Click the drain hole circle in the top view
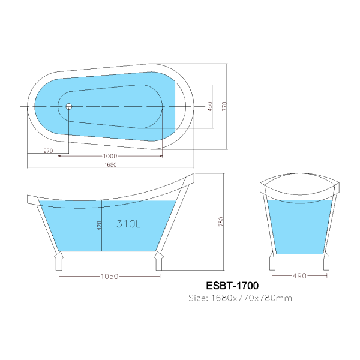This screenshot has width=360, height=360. click(68, 106)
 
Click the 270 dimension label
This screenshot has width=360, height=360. click(48, 151)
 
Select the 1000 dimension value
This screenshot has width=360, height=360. click(110, 157)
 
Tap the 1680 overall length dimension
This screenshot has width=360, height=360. click(110, 165)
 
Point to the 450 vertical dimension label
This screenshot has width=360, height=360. click(210, 106)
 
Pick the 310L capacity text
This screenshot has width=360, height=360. click(128, 224)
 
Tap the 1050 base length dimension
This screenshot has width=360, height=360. click(109, 277)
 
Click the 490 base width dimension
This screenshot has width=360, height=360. click(299, 277)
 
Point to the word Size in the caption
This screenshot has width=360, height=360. click(197, 298)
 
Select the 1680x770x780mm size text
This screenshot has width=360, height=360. click(249, 298)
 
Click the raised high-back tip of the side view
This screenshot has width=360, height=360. click(191, 177)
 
